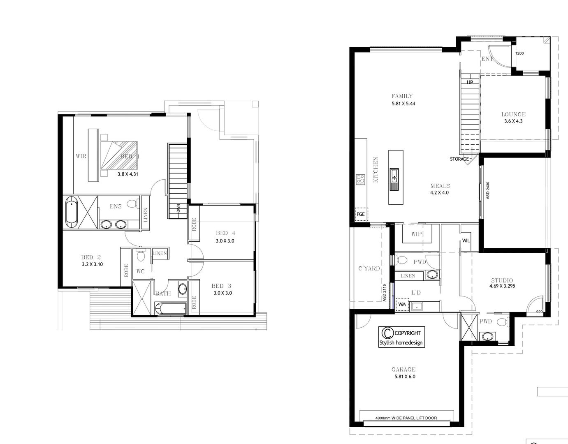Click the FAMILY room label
(x=402, y=96)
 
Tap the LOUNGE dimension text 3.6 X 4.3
(x=513, y=121)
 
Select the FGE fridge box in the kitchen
(x=361, y=214)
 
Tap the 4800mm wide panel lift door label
(x=406, y=418)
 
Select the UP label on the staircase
(x=470, y=82)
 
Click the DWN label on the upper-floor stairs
(x=178, y=208)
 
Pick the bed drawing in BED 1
(x=119, y=155)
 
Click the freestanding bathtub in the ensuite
(x=72, y=211)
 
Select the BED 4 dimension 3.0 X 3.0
(x=225, y=241)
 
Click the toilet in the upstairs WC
(x=141, y=256)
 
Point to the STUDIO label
(x=501, y=281)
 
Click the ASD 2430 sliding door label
(x=487, y=190)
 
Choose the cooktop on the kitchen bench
(x=360, y=179)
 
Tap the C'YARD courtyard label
(x=369, y=268)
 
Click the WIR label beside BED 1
(x=81, y=156)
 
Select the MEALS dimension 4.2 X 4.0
(x=440, y=192)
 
